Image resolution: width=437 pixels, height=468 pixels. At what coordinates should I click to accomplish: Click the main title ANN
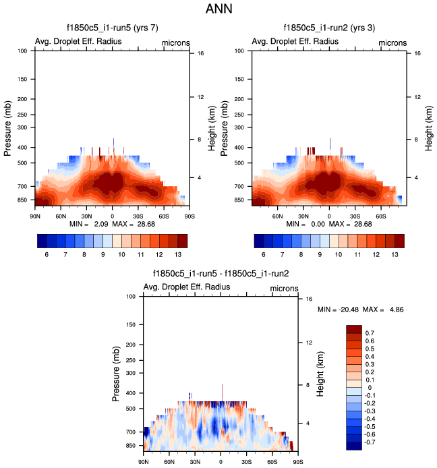[218, 10]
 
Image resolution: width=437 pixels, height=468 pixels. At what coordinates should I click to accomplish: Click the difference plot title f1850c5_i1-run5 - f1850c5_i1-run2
[221, 274]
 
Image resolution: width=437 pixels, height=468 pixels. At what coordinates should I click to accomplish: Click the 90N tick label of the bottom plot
[143, 461]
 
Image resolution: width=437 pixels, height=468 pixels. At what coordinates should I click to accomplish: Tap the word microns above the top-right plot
[392, 42]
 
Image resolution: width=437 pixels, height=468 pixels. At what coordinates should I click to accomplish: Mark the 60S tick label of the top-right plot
[380, 216]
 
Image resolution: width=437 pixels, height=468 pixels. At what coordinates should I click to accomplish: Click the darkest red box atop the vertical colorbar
[354, 329]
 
